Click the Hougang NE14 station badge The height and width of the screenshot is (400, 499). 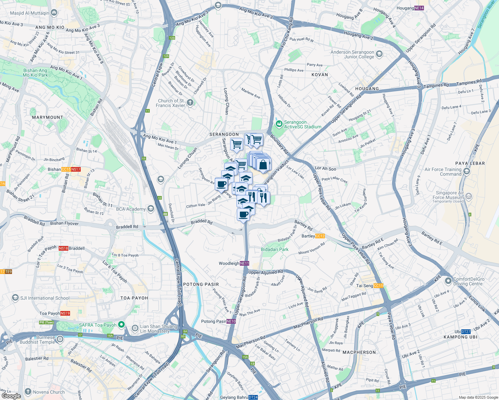pos(419,8)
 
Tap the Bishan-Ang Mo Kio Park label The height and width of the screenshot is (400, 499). pos(35,73)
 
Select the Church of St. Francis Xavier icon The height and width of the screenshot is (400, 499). pos(190,102)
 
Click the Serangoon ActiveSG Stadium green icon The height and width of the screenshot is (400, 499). pos(279,124)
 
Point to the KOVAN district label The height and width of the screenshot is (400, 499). pos(320,75)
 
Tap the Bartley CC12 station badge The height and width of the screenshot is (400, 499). pos(320,236)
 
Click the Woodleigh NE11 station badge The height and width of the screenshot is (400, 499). pos(244,263)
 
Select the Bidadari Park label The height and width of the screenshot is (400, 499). pos(275,249)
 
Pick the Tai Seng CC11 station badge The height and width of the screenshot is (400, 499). pos(379,286)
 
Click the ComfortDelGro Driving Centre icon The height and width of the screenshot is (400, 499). pos(448,281)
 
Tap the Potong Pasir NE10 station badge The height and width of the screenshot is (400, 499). pos(231,321)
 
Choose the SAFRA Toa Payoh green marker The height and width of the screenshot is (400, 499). pos(121,324)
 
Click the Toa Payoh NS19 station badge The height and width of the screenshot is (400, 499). pos(65,313)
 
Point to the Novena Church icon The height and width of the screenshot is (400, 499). pos(28,392)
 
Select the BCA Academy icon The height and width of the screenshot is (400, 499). pos(151,209)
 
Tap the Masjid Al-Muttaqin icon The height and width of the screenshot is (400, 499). pos(54,13)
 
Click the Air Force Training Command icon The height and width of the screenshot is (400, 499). pos(467,171)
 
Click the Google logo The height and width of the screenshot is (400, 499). pos(11,396)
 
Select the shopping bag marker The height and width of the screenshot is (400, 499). pos(264,165)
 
